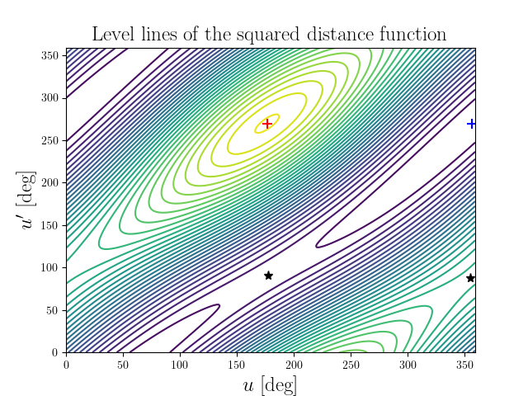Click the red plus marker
coord(267,124)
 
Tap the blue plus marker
coord(472,124)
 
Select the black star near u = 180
coord(268,276)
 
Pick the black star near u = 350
coord(470,278)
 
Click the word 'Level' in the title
coord(111,35)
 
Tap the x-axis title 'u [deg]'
coord(271,384)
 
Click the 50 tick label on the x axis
coord(123,364)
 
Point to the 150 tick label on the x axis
coord(237,364)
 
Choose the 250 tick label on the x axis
coord(351,364)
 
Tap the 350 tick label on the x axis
coord(464,364)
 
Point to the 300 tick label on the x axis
coord(407,364)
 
